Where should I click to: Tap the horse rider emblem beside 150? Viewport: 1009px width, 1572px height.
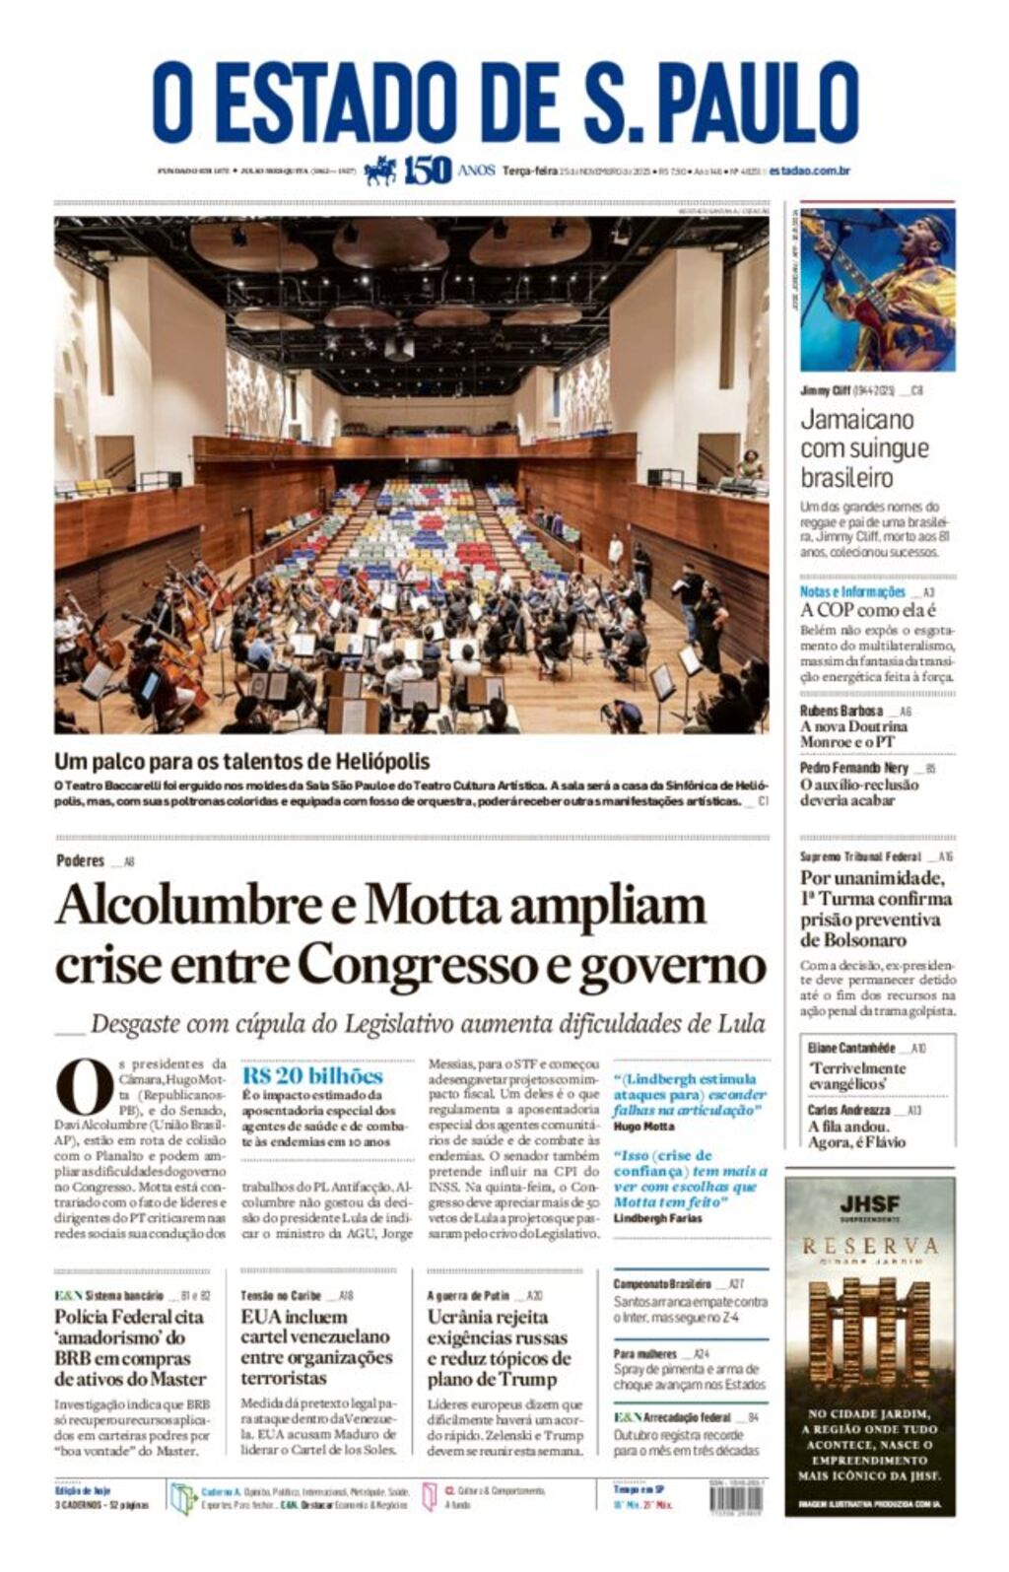coord(379,171)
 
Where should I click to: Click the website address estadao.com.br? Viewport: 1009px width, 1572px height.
coord(810,171)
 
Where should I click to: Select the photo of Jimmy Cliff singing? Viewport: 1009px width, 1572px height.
coord(876,289)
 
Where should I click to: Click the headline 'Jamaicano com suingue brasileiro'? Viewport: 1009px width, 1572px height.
coord(864,448)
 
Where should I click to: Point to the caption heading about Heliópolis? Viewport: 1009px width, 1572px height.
coord(241,761)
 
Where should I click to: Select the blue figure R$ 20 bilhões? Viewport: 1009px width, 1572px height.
coord(312,1075)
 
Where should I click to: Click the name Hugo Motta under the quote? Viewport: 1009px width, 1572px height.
coord(643,1126)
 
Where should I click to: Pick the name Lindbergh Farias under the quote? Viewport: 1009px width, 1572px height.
coord(657,1218)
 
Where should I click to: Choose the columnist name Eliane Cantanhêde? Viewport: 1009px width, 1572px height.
coord(851,1048)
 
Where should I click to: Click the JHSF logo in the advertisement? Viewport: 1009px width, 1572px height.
coord(869,1205)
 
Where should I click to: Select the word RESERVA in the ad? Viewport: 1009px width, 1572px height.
coord(869,1246)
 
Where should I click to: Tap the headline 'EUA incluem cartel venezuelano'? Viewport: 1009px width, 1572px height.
coord(315,1346)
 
